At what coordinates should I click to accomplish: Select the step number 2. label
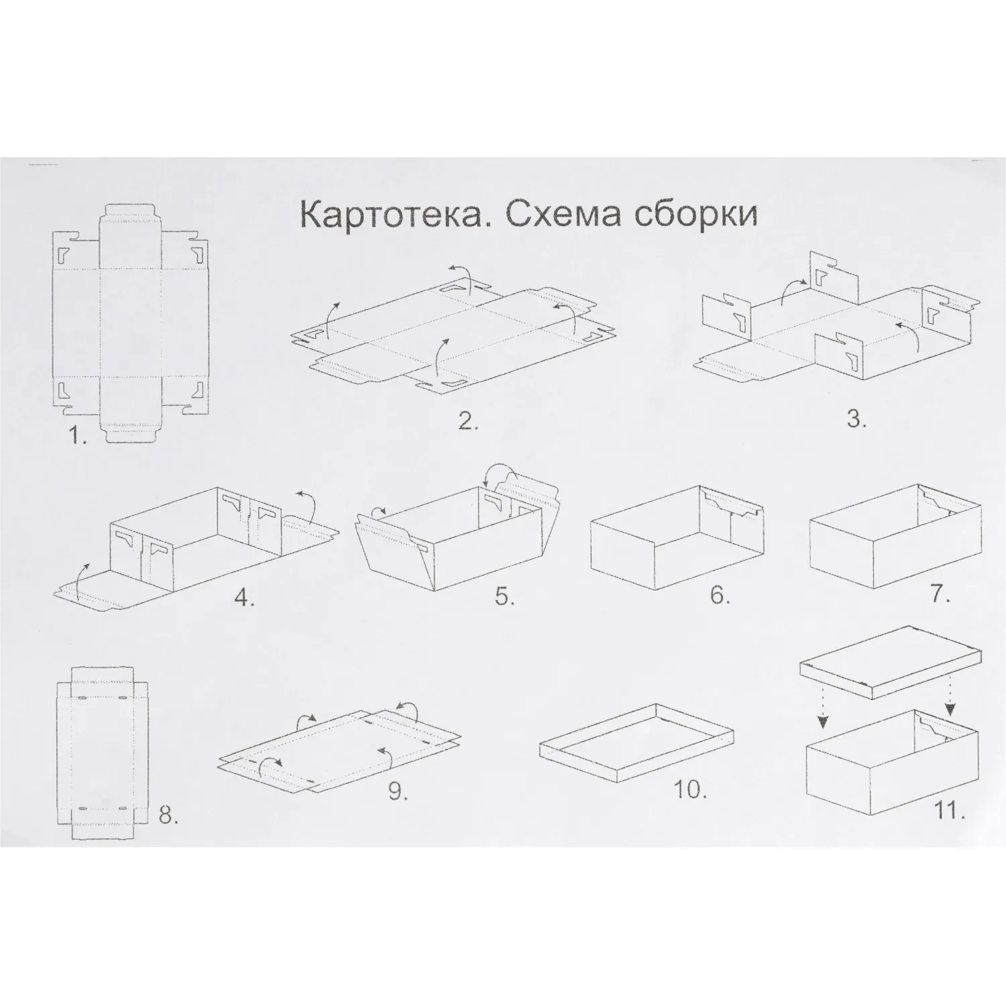tap(467, 421)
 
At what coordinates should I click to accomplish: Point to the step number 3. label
tap(856, 420)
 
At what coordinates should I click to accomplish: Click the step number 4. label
tap(244, 596)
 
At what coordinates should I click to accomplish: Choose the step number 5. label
tap(504, 596)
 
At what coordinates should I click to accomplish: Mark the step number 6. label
tap(720, 595)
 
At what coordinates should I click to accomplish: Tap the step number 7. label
tap(940, 593)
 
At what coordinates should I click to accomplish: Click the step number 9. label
tap(398, 791)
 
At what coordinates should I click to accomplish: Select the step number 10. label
tap(691, 789)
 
